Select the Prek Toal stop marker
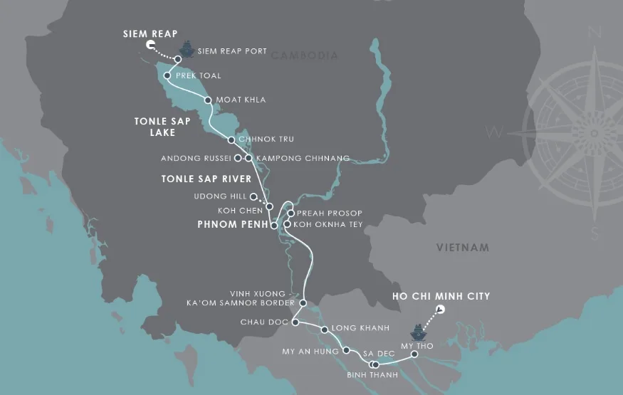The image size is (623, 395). pyautogui.click(x=167, y=75)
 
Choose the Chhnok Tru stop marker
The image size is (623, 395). pyautogui.click(x=231, y=139)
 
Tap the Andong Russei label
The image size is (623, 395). pyautogui.click(x=201, y=157)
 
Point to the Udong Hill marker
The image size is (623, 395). pyautogui.click(x=253, y=196)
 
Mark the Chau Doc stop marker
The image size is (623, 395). pyautogui.click(x=295, y=323)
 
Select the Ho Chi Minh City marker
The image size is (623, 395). pyautogui.click(x=440, y=309)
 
